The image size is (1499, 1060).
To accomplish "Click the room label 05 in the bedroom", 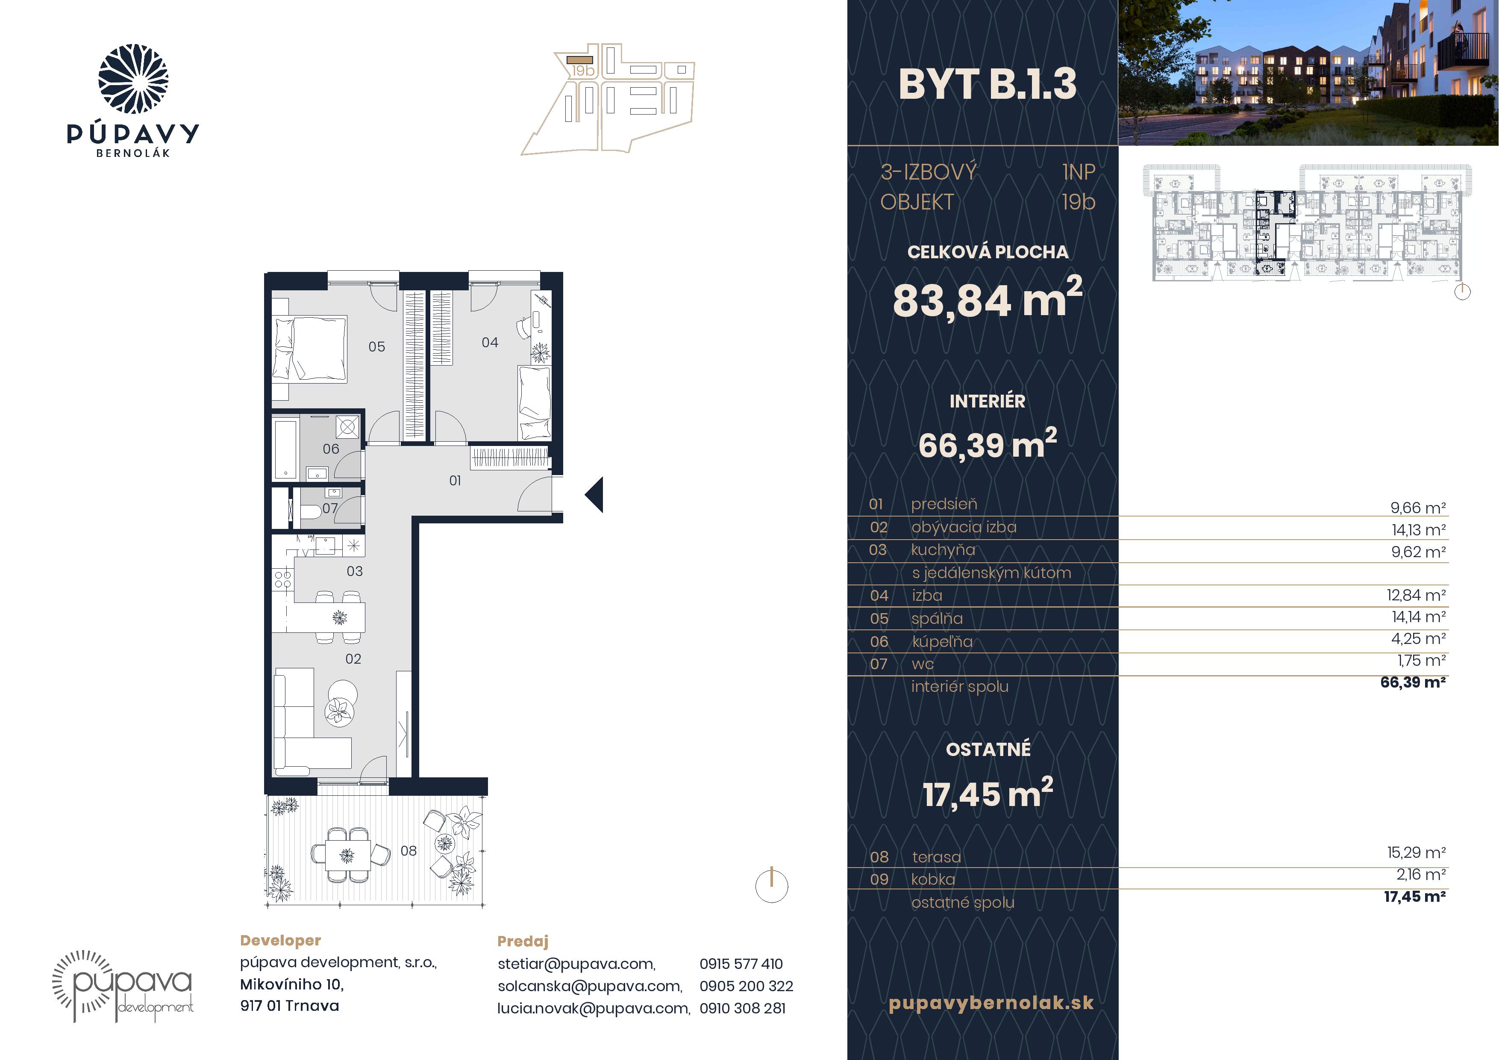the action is pyautogui.click(x=377, y=347).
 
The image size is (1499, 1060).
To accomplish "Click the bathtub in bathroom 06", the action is pyautogui.click(x=285, y=450).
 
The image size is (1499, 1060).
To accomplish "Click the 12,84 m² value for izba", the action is pyautogui.click(x=1416, y=595).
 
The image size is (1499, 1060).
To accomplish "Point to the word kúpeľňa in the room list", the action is pyautogui.click(x=942, y=642).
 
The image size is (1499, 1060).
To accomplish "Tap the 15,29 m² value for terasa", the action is pyautogui.click(x=1416, y=852).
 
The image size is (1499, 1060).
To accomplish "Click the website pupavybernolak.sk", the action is pyautogui.click(x=991, y=1003).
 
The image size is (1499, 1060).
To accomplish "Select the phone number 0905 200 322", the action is pyautogui.click(x=746, y=986).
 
